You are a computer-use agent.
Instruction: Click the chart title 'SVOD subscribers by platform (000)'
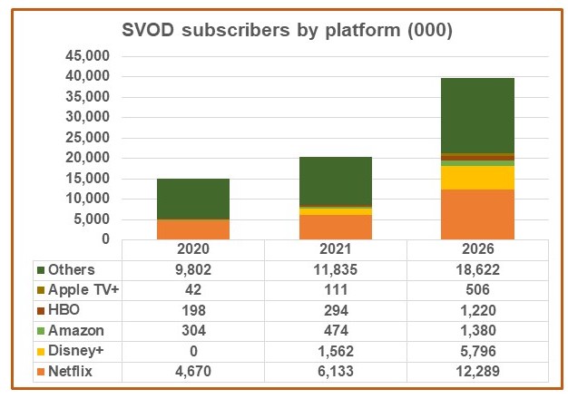[288, 31]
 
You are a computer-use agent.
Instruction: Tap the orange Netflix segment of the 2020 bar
[192, 229]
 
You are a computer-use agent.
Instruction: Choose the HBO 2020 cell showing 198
[192, 311]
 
